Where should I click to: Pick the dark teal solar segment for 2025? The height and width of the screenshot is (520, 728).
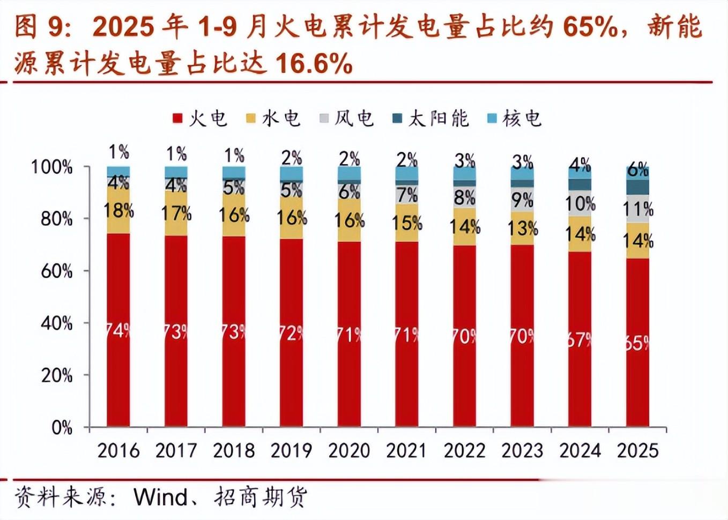tap(637, 187)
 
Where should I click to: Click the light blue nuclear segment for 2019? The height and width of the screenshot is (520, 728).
tap(291, 173)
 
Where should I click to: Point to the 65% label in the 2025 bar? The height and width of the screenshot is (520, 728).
tap(637, 343)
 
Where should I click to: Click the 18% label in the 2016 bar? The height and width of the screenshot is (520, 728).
tap(118, 211)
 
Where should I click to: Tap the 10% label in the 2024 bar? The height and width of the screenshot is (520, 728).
tap(580, 204)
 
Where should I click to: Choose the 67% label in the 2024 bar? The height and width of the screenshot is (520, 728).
tap(580, 339)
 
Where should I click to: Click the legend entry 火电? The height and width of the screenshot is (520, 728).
tap(200, 118)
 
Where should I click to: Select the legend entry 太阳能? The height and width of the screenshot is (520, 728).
tap(431, 118)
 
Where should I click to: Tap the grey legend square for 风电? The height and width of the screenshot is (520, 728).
tap(324, 118)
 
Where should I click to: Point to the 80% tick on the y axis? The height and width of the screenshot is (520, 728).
tap(56, 219)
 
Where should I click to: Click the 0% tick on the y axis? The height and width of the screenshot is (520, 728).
tap(62, 427)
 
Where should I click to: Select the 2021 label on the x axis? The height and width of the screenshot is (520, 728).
tap(406, 451)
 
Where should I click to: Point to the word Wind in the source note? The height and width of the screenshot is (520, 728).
tap(160, 497)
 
